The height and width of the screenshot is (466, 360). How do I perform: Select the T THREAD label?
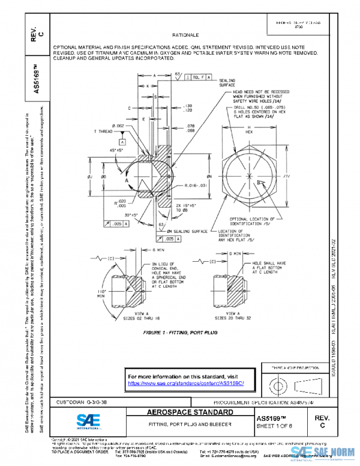point(104,131)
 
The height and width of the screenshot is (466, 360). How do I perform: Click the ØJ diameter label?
point(89,177)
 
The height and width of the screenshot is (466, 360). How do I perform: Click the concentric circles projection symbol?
point(276,383)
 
